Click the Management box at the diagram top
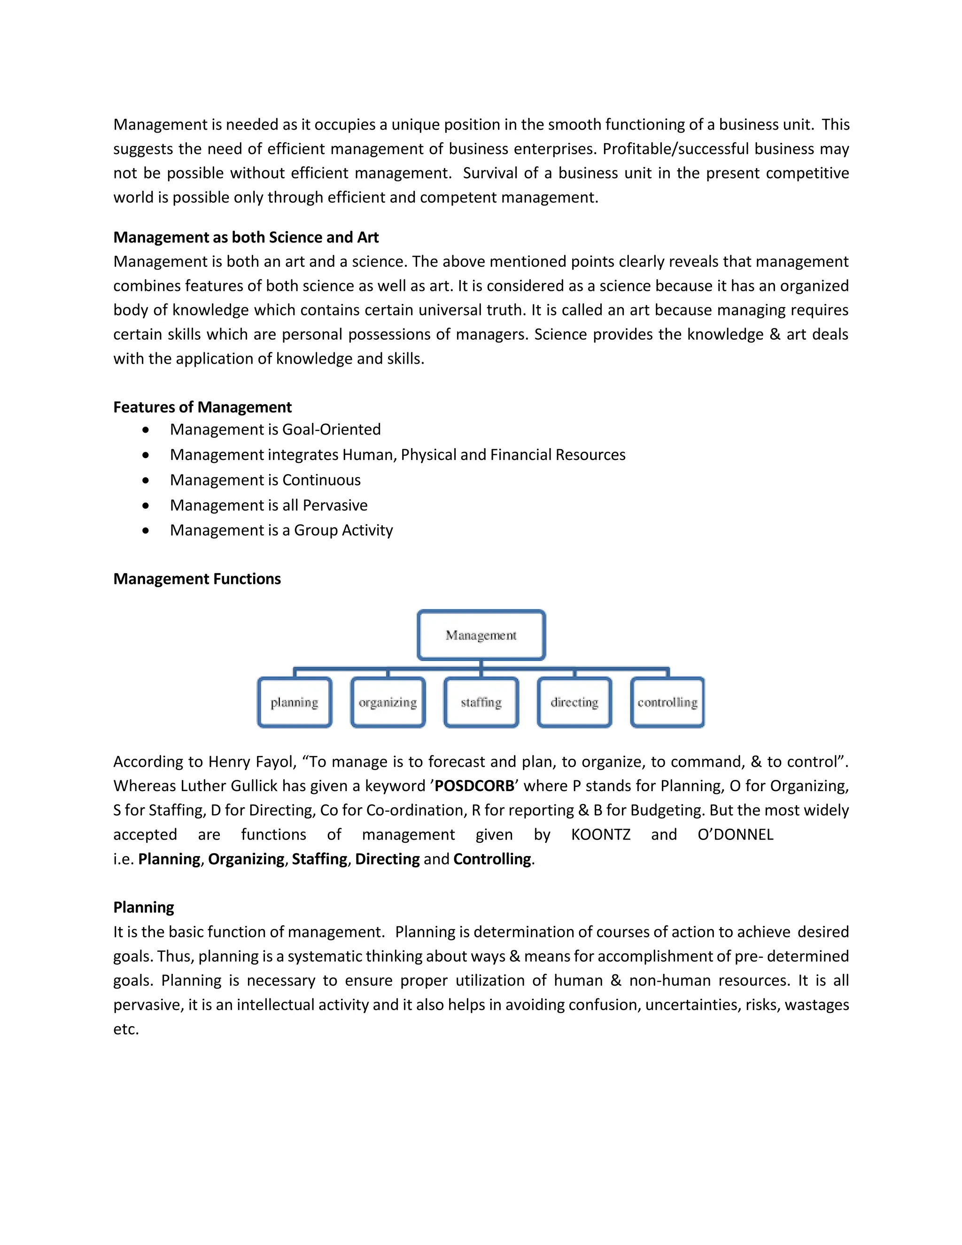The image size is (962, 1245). pos(481,635)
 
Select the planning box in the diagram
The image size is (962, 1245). pos(294,702)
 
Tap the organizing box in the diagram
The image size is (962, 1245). pos(388,702)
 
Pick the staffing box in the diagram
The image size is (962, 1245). pos(481,702)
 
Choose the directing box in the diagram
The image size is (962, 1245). pos(574,702)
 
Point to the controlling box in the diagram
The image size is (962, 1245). pos(667,702)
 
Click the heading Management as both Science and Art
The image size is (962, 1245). pos(246,237)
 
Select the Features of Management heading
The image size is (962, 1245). pos(202,407)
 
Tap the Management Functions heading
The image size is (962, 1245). pos(197,579)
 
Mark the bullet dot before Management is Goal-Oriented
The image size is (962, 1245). pos(147,430)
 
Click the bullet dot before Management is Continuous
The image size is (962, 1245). pos(147,481)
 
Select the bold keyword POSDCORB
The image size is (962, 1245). pos(474,786)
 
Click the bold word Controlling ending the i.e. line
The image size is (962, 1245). pos(492,859)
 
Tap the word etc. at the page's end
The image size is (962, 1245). pos(126,1029)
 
